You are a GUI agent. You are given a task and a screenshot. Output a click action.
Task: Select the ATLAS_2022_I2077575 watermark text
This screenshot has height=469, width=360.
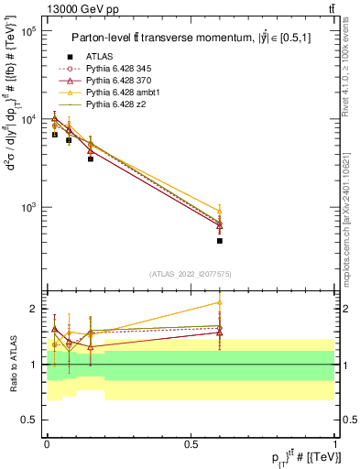191,274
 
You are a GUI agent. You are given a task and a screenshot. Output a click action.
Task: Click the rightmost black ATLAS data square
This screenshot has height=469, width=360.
220,241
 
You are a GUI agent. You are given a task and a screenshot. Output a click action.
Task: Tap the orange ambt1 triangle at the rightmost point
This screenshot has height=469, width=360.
220,210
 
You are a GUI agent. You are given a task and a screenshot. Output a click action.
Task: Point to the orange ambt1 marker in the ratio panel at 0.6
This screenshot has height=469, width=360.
220,302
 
